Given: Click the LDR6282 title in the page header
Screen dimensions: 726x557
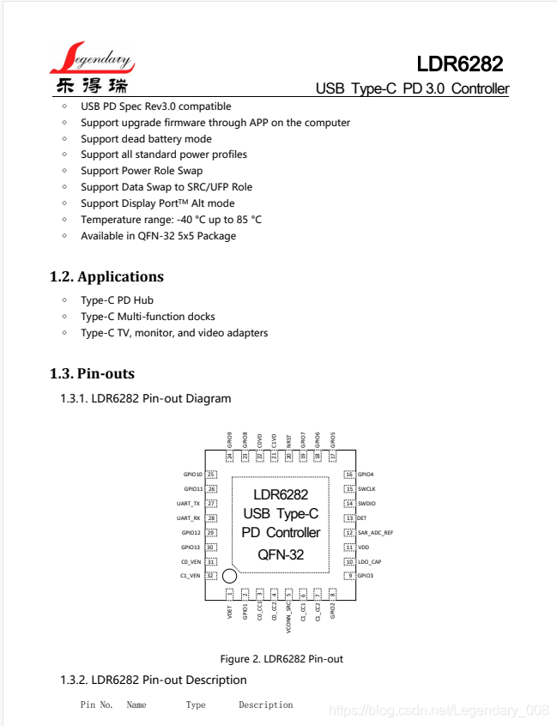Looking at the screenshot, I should [x=459, y=64].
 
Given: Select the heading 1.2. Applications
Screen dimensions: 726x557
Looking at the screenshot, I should [x=106, y=276].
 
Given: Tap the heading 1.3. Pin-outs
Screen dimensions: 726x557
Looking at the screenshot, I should [x=92, y=373].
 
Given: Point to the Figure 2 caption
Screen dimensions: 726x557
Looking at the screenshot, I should [x=282, y=659].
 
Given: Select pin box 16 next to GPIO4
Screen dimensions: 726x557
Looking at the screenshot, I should [x=349, y=475].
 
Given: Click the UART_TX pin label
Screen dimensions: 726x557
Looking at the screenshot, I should [x=189, y=504].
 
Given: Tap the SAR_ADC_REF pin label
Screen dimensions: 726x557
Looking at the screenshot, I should [x=376, y=533].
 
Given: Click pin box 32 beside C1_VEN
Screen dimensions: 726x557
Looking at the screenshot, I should [x=210, y=575].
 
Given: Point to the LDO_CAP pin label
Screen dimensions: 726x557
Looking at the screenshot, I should [x=370, y=562].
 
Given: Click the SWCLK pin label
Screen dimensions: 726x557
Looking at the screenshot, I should [x=367, y=489].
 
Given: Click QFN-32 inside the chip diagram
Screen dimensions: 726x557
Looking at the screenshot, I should [x=281, y=554].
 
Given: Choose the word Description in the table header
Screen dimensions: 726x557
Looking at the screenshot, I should [x=266, y=705].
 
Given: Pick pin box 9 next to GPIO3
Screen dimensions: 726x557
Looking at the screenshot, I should [x=349, y=575].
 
